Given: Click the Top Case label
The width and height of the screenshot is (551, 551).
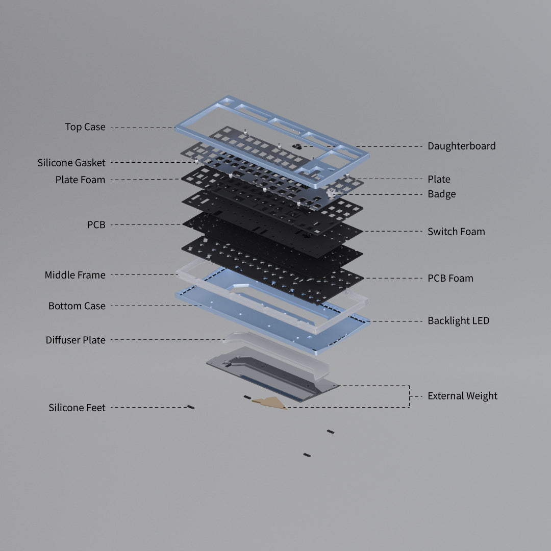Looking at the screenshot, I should [x=85, y=127].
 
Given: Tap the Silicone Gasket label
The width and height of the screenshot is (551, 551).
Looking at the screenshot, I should [x=71, y=163].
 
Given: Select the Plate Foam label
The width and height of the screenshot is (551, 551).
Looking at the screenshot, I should [x=80, y=180].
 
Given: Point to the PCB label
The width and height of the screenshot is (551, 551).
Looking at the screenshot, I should [x=96, y=224].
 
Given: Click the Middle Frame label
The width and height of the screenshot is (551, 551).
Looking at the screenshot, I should [x=75, y=275].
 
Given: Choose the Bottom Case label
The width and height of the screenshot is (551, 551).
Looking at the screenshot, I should [x=77, y=306].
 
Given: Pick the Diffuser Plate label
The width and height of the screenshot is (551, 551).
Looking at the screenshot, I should [x=76, y=340].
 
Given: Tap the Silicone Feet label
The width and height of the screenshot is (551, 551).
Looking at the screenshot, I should [x=77, y=408].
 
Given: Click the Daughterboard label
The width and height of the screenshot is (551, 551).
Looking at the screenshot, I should [x=461, y=146].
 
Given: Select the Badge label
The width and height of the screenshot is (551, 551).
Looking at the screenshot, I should [x=441, y=194].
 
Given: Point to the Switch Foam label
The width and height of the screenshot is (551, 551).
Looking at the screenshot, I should [x=456, y=232].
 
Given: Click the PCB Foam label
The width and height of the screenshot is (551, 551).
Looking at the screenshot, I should [x=450, y=278].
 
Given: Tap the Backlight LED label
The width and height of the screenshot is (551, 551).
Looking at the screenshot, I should [x=458, y=321].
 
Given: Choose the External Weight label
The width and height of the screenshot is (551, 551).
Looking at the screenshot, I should [x=462, y=396].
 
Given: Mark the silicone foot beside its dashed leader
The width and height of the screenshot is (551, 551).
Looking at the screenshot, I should [x=191, y=407].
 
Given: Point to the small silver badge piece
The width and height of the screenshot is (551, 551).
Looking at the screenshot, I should [x=330, y=193].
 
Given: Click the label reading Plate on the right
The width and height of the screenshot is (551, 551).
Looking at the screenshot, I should [x=439, y=179].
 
